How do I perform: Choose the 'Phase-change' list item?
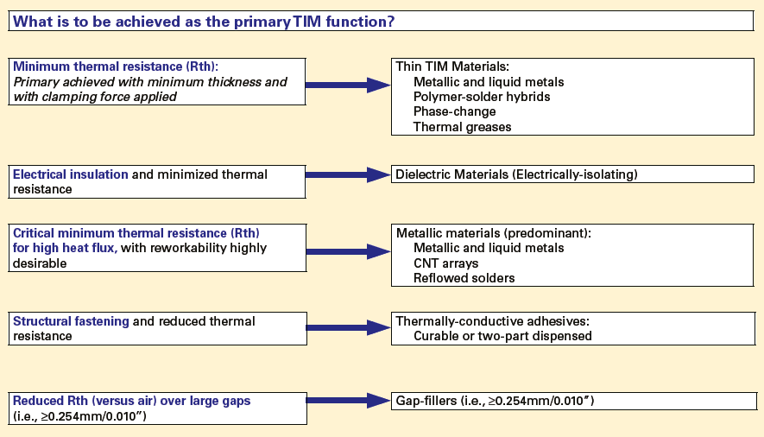point(455,111)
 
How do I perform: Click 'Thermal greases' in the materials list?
point(463,127)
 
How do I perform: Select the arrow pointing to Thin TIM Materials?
point(349,84)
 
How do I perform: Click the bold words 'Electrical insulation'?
point(71,174)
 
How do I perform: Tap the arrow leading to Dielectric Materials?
point(349,174)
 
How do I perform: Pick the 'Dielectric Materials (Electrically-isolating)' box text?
point(516,174)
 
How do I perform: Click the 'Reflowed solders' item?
point(464,278)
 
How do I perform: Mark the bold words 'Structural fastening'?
point(71,321)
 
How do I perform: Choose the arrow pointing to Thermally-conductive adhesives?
point(349,328)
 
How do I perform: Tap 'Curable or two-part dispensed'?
point(502,336)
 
